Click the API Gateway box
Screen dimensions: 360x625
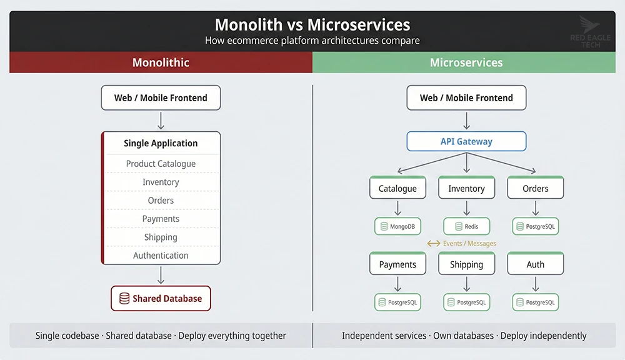[x=466, y=141]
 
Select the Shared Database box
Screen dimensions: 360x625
[x=161, y=299]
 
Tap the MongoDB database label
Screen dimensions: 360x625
[x=397, y=226]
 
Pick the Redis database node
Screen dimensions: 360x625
[x=466, y=226]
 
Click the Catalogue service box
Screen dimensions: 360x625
[x=397, y=188]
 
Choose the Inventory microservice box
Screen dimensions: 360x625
[x=466, y=188]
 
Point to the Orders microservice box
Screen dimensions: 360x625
[x=536, y=188]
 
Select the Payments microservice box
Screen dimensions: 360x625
[x=397, y=264]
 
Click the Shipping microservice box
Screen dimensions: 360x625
[x=466, y=264]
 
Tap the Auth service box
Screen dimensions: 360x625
[x=536, y=264]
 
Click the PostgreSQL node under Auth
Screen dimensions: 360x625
[x=536, y=302]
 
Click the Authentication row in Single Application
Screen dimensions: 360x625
[x=161, y=255]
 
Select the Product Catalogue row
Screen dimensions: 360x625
[x=161, y=164]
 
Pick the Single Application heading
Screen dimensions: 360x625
[x=161, y=143]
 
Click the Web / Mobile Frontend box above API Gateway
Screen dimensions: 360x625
[x=466, y=97]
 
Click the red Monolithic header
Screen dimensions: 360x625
[x=161, y=62]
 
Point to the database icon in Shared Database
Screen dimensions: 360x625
[x=124, y=299]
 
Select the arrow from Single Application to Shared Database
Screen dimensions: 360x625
[x=161, y=275]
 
